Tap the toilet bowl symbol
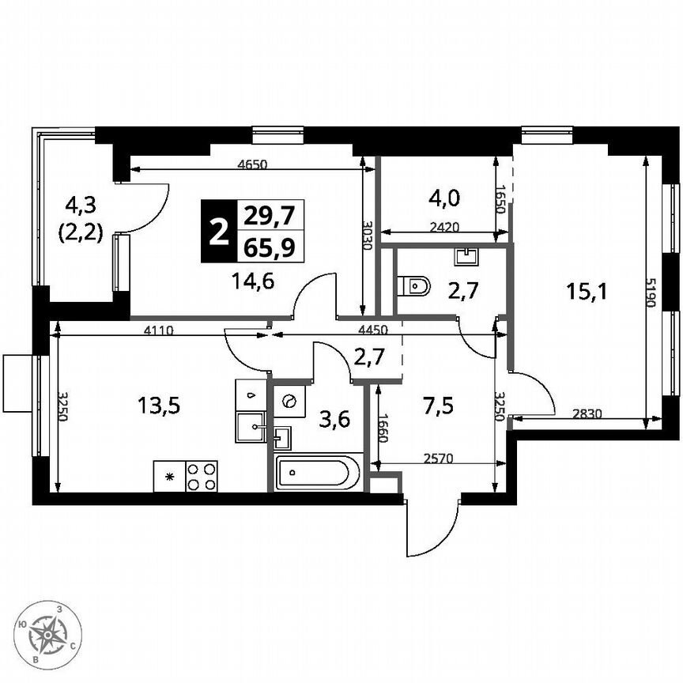[413, 285]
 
